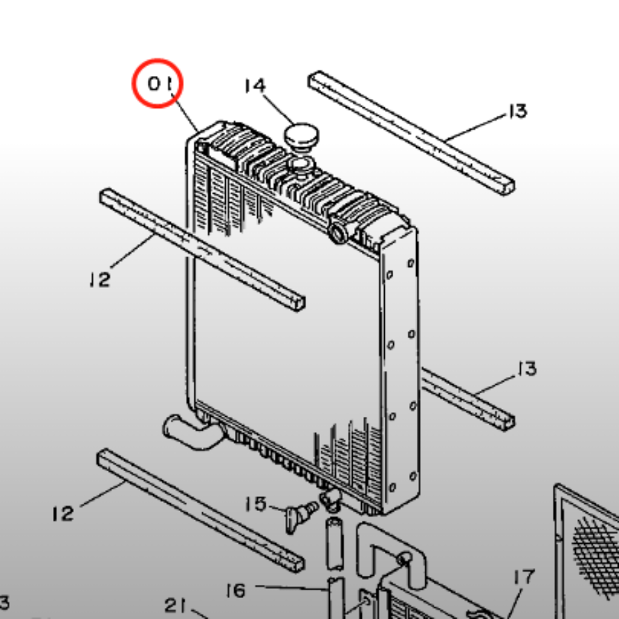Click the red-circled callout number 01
(x=160, y=84)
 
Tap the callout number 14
(x=255, y=86)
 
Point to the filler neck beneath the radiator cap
(x=302, y=165)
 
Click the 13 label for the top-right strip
(x=517, y=112)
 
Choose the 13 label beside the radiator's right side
(x=527, y=369)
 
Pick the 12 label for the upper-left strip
(x=100, y=279)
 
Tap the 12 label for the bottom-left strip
(x=63, y=514)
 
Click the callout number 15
(x=255, y=504)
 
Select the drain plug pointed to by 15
(x=301, y=516)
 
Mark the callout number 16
(x=236, y=590)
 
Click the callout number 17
(x=524, y=576)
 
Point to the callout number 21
(x=175, y=605)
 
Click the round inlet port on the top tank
(x=338, y=233)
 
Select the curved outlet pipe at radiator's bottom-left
(x=194, y=432)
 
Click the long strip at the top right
(x=411, y=133)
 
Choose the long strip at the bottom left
(x=201, y=510)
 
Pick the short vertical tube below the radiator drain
(x=335, y=544)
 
